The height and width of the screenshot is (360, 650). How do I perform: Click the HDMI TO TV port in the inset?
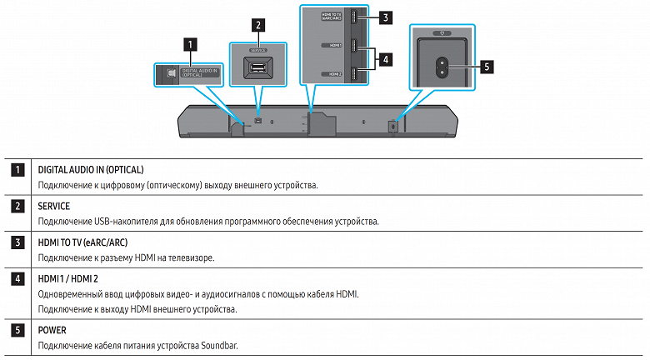click(x=353, y=17)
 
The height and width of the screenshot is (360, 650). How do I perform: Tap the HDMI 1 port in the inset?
click(x=353, y=45)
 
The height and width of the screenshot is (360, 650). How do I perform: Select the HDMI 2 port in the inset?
click(x=353, y=73)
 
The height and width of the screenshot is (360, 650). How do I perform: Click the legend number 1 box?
click(x=17, y=169)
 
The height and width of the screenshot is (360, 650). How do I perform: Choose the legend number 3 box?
click(x=17, y=242)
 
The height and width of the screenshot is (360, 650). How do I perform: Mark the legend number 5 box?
click(x=17, y=329)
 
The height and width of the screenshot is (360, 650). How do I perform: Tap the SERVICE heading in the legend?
click(x=54, y=205)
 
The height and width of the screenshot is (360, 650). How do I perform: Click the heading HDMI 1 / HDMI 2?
click(x=68, y=277)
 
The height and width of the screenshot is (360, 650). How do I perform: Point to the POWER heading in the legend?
click(x=52, y=329)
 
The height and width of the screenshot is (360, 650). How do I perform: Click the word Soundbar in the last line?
click(x=220, y=345)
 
